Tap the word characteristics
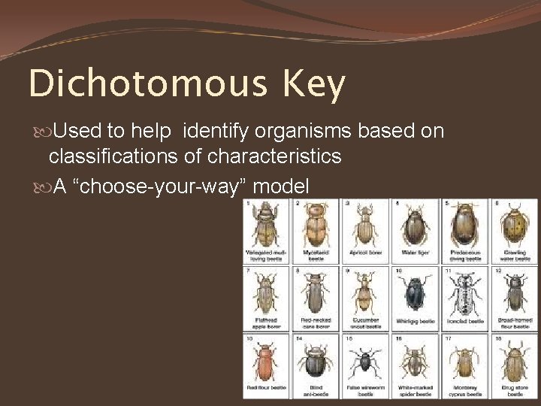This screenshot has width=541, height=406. click(x=275, y=157)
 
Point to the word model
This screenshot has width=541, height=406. click(x=281, y=186)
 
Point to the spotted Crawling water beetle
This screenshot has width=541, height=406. click(x=515, y=224)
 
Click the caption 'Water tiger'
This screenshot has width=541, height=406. click(x=415, y=253)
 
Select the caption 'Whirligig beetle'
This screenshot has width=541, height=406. click(x=415, y=321)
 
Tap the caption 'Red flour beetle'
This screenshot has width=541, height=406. click(x=265, y=388)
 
